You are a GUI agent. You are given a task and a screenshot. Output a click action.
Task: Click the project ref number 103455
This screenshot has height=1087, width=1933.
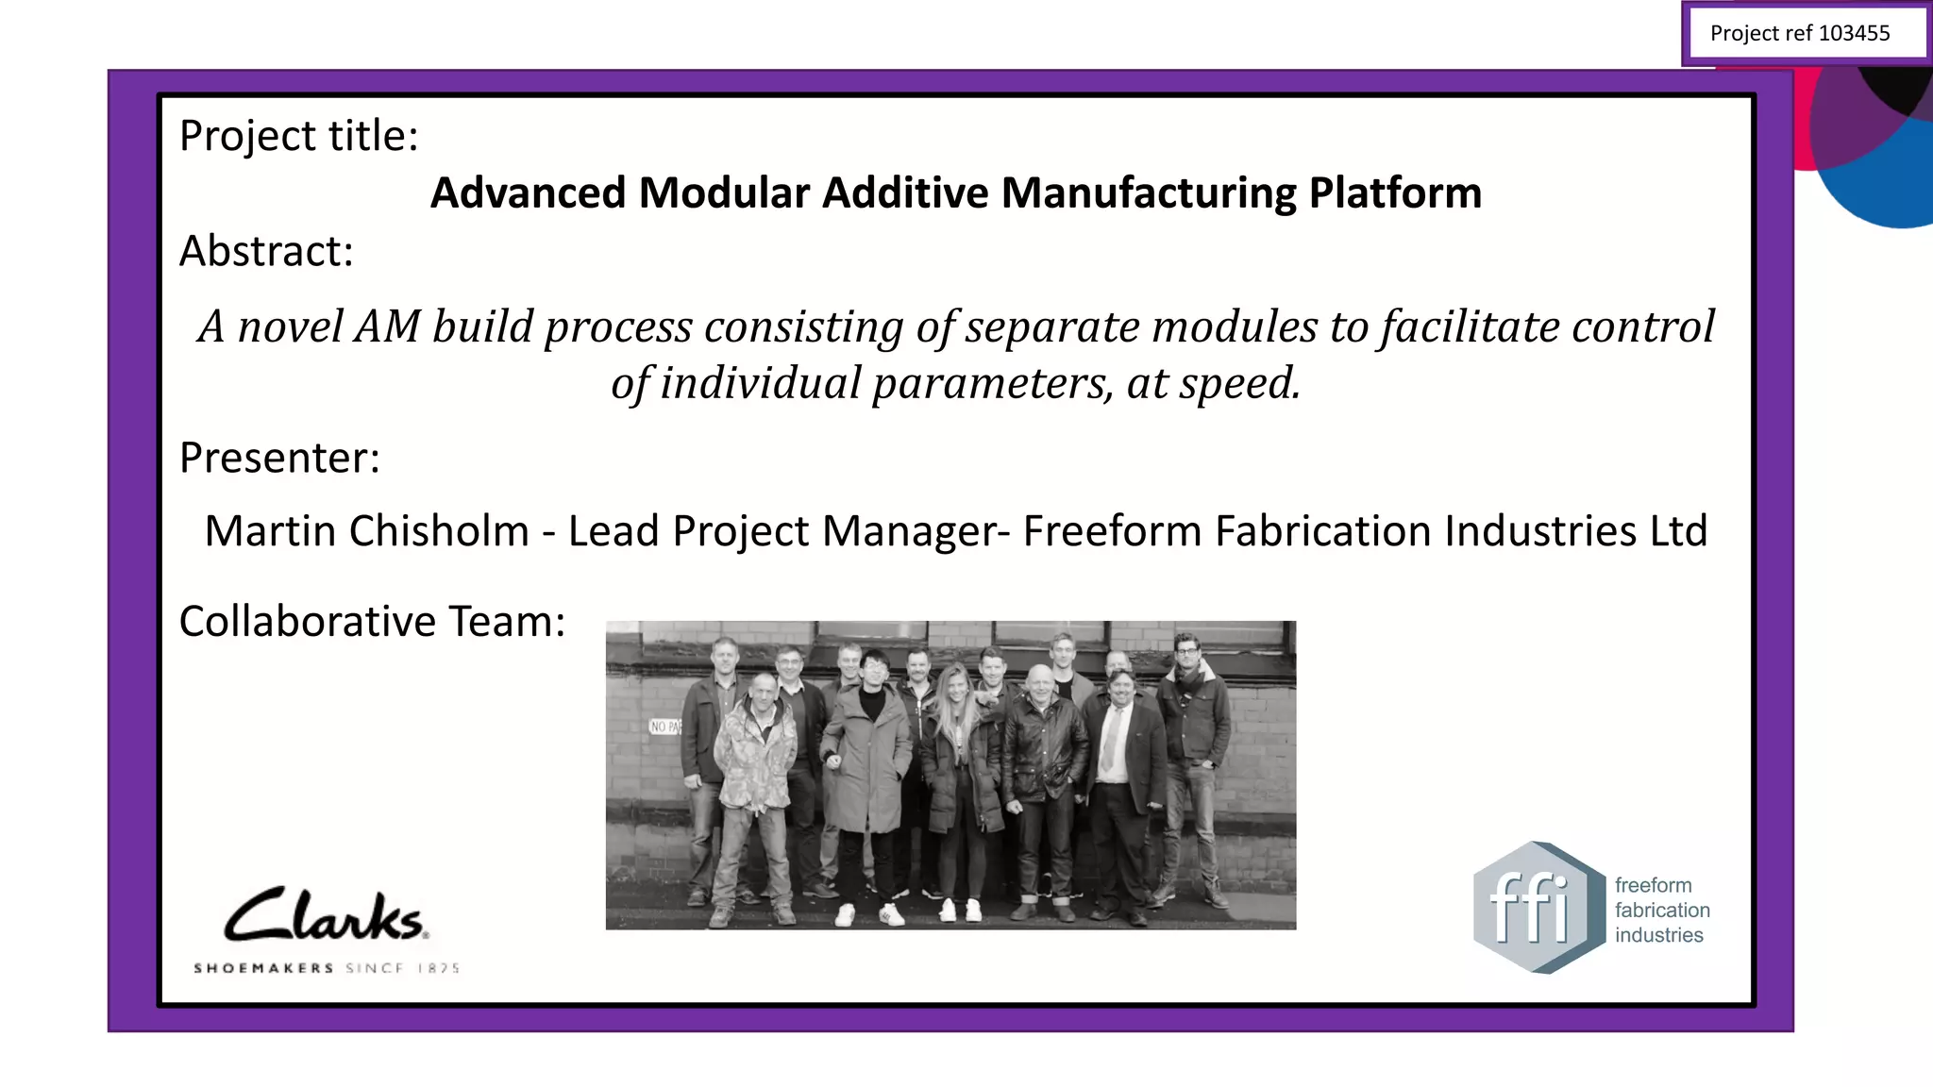click(1854, 34)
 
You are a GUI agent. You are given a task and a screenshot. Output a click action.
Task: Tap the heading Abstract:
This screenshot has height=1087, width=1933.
click(266, 252)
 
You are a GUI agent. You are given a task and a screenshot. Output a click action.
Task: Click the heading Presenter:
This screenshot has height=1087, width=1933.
click(279, 459)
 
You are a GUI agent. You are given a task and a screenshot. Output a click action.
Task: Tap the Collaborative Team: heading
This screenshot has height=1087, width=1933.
click(372, 622)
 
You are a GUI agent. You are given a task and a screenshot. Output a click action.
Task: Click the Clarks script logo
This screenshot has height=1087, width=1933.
click(325, 915)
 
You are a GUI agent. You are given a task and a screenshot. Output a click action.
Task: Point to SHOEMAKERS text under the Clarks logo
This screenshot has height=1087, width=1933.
click(263, 968)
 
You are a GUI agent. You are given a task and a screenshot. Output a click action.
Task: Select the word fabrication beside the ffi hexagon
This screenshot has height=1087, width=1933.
click(1661, 911)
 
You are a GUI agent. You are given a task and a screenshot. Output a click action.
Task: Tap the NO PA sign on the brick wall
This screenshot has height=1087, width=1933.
click(664, 727)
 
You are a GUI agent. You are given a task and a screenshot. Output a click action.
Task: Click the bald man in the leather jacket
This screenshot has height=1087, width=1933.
click(1042, 745)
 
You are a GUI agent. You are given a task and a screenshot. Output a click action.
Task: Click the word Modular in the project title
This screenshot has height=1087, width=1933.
click(724, 193)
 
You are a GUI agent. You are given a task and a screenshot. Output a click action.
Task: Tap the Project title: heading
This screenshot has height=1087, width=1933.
click(298, 137)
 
